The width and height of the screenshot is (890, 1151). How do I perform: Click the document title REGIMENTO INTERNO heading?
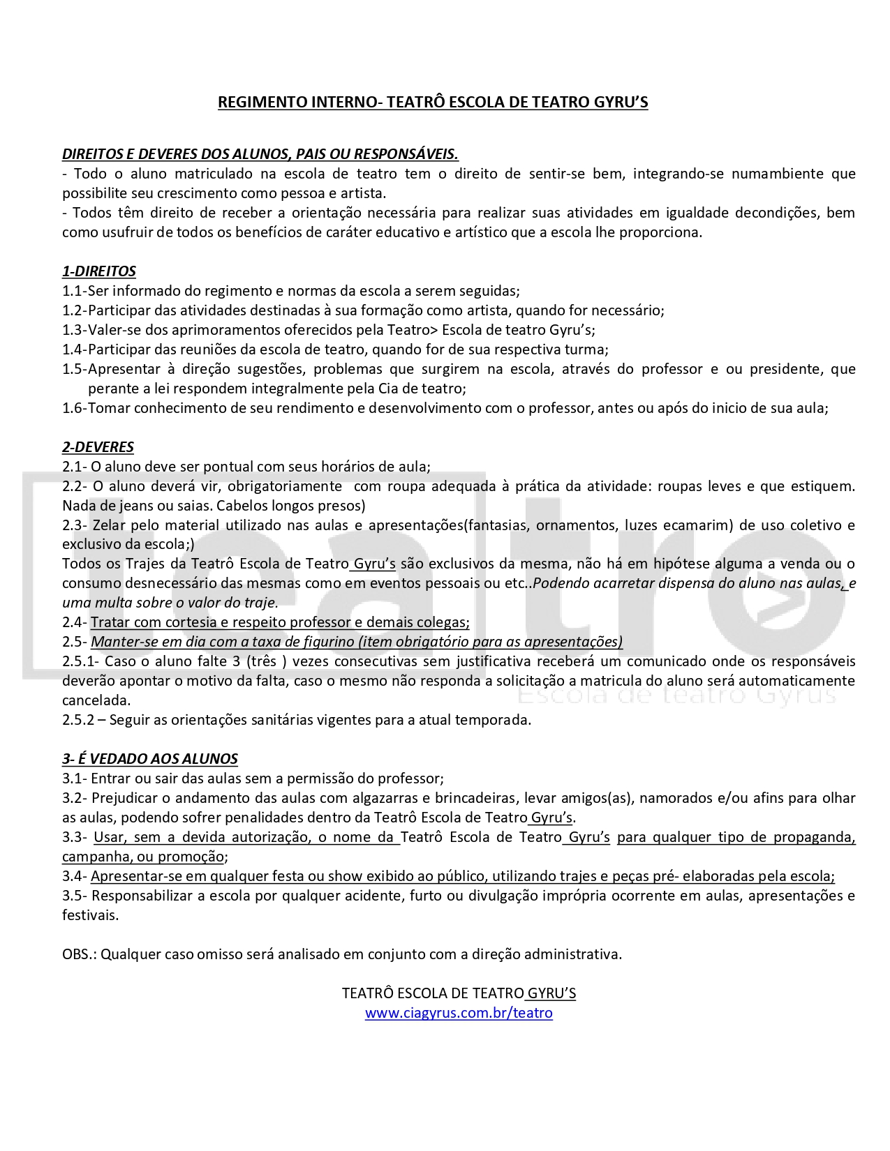coord(433,103)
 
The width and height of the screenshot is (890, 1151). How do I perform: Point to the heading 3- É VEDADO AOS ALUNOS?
coord(150,759)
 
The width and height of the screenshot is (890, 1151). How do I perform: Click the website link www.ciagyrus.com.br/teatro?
coord(459,1013)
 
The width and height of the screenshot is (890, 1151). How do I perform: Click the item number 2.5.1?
coord(79,661)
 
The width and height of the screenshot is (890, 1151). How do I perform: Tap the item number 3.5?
coord(73,896)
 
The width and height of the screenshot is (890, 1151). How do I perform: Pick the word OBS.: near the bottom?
coord(79,954)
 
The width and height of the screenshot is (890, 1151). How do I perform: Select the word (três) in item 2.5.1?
coord(267,661)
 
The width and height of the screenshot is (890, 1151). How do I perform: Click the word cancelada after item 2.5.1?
coord(96,700)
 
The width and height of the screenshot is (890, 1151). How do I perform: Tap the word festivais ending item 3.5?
coord(90,915)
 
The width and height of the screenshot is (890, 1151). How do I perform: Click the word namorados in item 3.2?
coord(672,798)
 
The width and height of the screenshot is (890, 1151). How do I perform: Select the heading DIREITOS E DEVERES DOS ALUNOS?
coord(260,154)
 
